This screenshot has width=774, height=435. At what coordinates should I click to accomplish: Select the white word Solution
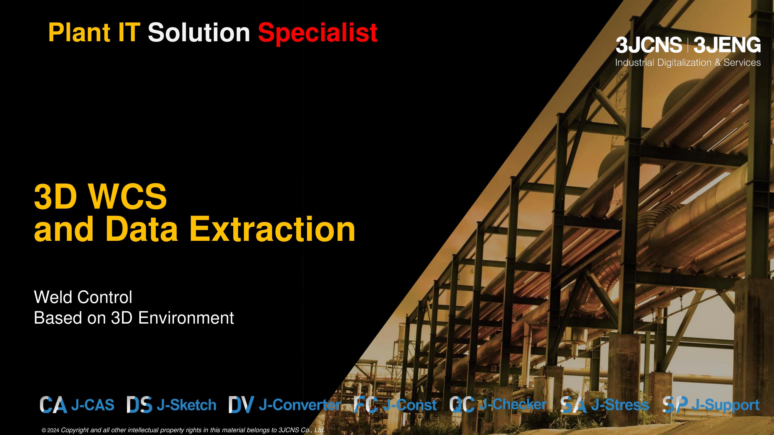(x=199, y=32)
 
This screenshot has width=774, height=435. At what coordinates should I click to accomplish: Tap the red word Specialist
(x=318, y=34)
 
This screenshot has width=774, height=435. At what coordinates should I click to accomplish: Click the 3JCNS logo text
(x=648, y=45)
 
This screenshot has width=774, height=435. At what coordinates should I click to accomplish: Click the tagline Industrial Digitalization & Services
(x=688, y=62)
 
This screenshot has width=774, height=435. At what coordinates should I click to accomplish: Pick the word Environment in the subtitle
(x=186, y=318)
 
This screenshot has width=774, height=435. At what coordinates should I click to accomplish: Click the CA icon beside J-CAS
(x=53, y=405)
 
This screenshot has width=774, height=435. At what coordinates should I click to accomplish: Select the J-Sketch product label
(x=186, y=405)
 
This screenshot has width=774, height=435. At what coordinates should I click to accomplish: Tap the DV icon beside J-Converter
(x=241, y=405)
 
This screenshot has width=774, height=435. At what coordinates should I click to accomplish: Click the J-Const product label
(x=409, y=405)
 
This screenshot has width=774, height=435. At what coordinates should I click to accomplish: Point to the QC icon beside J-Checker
(x=462, y=405)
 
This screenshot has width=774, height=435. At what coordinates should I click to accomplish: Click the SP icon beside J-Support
(x=675, y=405)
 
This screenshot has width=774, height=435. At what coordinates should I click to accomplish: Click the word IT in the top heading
(x=129, y=32)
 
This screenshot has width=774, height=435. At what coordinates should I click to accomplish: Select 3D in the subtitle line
(x=122, y=318)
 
